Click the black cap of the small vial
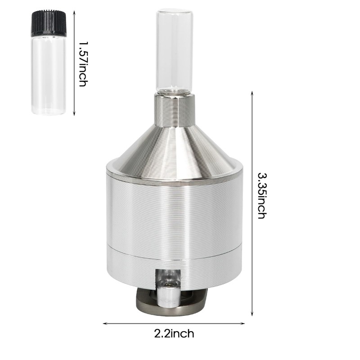(48, 23)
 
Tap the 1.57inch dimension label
(83, 63)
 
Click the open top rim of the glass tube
(174, 12)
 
